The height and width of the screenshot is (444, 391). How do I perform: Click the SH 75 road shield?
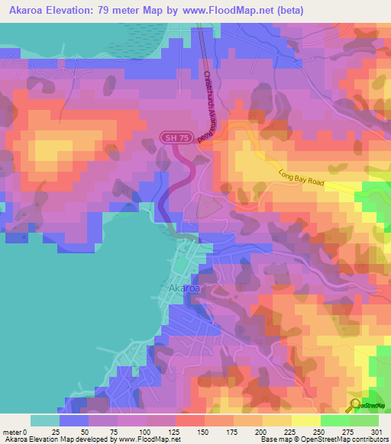click(x=174, y=137)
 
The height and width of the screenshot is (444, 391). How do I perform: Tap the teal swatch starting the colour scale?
click(x=45, y=420)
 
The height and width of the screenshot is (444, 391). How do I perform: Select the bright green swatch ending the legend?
click(x=364, y=420)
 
